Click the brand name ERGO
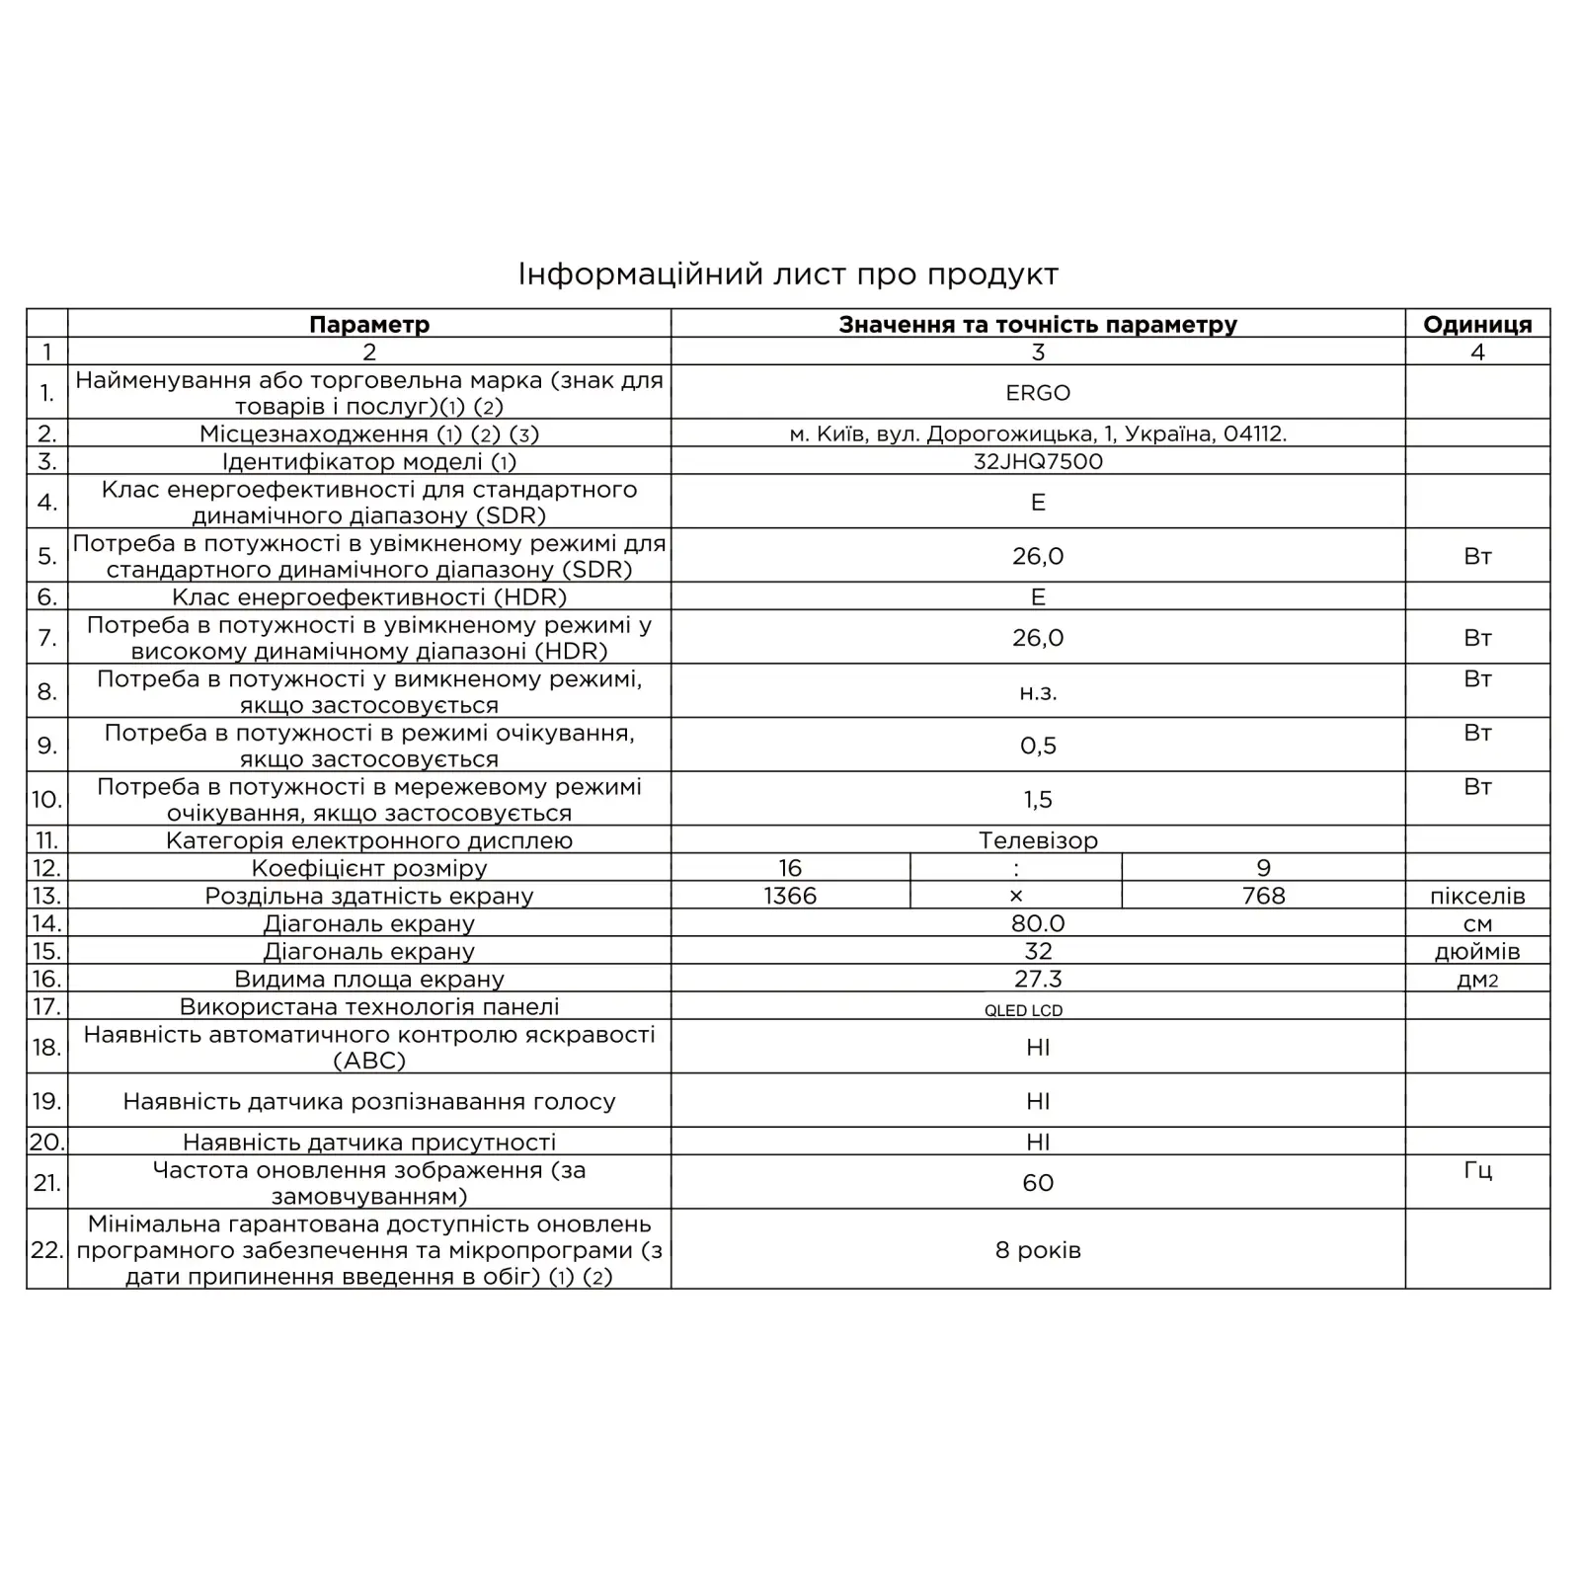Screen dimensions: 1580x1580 [1038, 393]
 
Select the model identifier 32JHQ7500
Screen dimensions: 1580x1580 [1038, 461]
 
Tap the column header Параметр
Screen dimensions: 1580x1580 [369, 324]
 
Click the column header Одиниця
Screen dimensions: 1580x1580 [1477, 324]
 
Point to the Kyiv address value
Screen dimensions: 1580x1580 [1038, 434]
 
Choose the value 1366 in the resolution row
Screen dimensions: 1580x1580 [790, 896]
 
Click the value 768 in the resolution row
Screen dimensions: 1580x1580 [1263, 896]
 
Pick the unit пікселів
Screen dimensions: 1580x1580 [1477, 897]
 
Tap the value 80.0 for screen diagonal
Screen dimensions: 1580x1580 [1038, 923]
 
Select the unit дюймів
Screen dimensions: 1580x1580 [1477, 952]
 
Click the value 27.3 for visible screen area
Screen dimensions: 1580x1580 [1038, 979]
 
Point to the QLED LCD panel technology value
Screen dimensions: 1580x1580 [1023, 1010]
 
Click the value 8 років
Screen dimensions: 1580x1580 [1038, 1250]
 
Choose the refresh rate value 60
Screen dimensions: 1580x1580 [1038, 1183]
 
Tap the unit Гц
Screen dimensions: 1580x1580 [1477, 1171]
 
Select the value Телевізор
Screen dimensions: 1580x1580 [1038, 840]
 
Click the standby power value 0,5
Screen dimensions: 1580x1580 [1038, 746]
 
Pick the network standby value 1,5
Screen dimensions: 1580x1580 [1038, 800]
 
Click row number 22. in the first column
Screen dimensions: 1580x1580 [46, 1250]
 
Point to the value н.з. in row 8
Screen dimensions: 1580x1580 [1038, 692]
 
